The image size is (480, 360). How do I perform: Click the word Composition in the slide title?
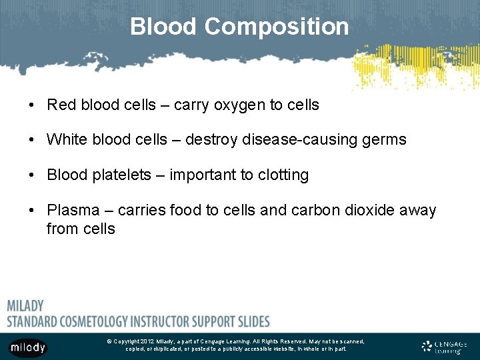click(277, 27)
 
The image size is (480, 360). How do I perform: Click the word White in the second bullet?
click(67, 139)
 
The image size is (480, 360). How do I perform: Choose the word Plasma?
click(70, 211)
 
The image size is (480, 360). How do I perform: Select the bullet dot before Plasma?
click(32, 211)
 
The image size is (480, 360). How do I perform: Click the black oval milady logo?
click(27, 347)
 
